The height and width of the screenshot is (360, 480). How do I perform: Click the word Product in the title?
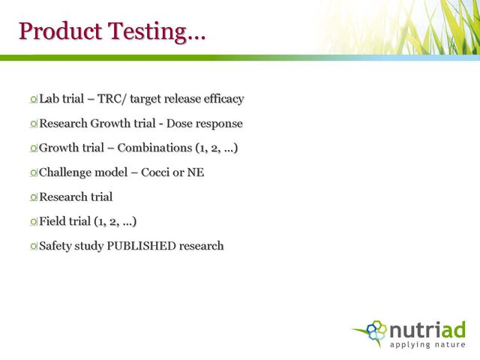60,31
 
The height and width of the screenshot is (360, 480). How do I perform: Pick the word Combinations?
154,148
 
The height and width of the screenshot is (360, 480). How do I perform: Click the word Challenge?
65,172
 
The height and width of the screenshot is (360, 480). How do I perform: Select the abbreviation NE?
196,172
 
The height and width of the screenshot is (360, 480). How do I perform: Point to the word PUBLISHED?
141,246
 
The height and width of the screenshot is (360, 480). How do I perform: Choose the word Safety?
55,247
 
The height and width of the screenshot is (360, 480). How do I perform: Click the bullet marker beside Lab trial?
33,99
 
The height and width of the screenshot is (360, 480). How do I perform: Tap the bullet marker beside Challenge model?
33,173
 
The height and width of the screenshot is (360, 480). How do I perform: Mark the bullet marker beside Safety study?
33,246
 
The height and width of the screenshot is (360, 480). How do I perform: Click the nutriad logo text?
427,330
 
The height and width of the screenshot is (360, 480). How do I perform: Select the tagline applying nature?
427,345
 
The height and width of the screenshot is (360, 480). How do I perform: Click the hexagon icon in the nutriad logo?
376,330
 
